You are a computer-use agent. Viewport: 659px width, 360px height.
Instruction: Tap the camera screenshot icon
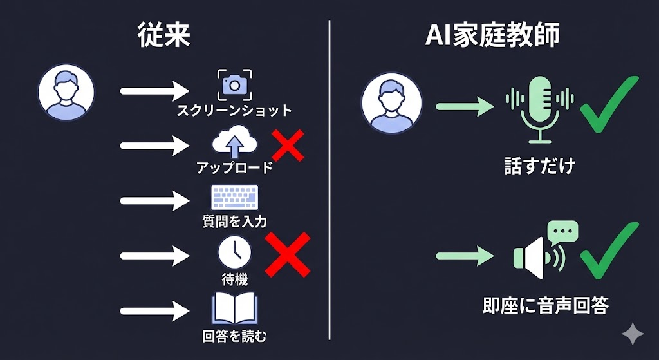(x=234, y=84)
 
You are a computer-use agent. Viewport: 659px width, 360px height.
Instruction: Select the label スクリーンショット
(x=234, y=111)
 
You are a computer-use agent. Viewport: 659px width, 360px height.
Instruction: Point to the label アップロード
(x=234, y=168)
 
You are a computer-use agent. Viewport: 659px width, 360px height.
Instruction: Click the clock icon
(x=234, y=253)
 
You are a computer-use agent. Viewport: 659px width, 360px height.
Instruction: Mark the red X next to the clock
(x=288, y=254)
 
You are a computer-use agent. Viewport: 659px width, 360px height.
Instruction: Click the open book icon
(x=234, y=309)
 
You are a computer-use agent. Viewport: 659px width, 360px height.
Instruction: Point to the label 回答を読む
(x=234, y=336)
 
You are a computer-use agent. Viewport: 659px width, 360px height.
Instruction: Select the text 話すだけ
(x=539, y=166)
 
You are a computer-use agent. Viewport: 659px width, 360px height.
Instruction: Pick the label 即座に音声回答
(x=545, y=305)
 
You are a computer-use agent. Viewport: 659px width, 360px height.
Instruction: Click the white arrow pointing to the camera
(x=154, y=91)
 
